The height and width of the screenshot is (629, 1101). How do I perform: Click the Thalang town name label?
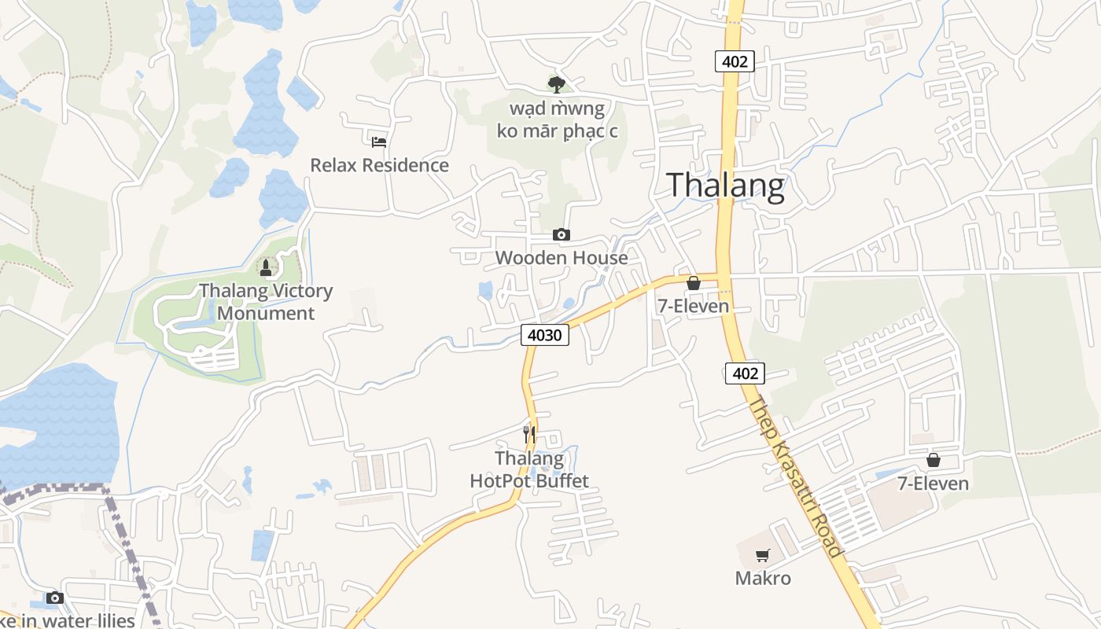click(725, 186)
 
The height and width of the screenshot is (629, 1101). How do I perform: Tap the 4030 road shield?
click(544, 335)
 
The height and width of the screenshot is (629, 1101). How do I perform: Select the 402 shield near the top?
click(735, 61)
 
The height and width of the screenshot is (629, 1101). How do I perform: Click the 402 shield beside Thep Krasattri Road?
click(745, 373)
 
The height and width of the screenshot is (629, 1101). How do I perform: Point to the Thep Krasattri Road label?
click(797, 476)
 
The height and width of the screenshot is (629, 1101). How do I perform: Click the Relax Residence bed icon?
click(379, 142)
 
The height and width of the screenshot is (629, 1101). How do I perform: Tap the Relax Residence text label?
click(379, 165)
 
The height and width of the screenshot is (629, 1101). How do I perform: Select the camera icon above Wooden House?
click(561, 234)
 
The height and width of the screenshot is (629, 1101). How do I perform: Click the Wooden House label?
click(562, 258)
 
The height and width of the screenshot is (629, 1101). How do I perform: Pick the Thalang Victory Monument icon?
click(266, 268)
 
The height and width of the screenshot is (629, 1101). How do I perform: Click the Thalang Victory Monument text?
click(266, 302)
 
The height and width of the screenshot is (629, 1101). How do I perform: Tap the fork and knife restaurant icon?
click(529, 434)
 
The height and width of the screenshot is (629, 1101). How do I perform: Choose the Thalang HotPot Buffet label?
click(529, 469)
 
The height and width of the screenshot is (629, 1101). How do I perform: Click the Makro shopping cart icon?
click(762, 556)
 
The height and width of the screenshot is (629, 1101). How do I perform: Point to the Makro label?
click(763, 579)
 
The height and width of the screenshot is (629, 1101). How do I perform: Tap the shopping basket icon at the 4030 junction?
click(694, 283)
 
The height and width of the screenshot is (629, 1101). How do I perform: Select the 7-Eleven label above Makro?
click(933, 484)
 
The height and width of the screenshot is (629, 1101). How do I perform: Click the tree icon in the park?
click(557, 84)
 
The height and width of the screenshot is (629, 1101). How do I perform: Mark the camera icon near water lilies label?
click(54, 598)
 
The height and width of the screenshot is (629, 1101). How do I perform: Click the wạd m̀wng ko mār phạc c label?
click(557, 120)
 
